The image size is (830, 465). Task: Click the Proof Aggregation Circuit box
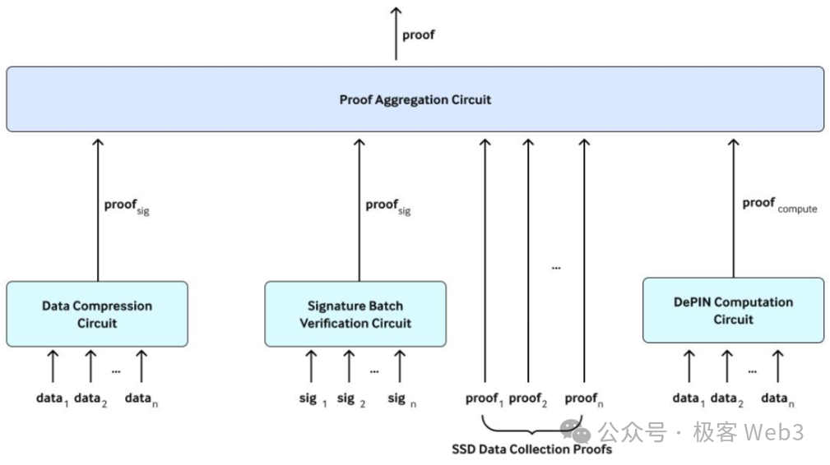(415, 99)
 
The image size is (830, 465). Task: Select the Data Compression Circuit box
(97, 314)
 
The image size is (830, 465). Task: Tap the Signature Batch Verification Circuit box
(355, 314)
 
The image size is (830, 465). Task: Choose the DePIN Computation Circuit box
(733, 310)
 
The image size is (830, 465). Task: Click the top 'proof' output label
(418, 35)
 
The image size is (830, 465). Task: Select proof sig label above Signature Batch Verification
(387, 205)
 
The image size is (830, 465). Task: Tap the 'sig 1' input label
(313, 399)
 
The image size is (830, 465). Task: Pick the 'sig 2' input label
(350, 399)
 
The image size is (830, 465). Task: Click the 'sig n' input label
(401, 399)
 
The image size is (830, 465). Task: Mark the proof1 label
(484, 399)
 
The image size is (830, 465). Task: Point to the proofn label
(584, 399)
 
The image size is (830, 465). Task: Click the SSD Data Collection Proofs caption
(531, 449)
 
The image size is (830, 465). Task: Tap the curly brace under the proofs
(533, 427)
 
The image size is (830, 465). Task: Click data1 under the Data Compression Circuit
(52, 399)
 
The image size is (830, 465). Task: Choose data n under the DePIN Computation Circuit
(777, 399)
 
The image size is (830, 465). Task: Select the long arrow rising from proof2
(528, 263)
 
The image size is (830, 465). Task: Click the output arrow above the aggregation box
(396, 33)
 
